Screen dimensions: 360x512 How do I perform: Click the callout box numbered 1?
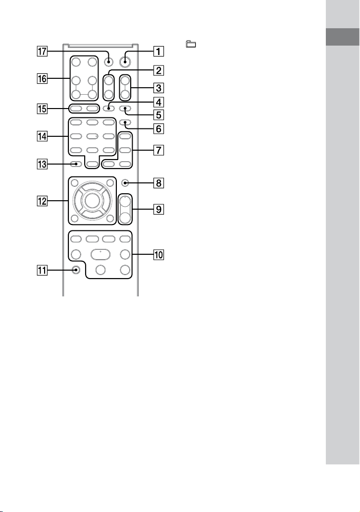point(158,51)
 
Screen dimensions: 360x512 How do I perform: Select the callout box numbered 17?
point(42,51)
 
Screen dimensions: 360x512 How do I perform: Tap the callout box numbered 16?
point(42,78)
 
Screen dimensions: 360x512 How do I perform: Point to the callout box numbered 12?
point(42,201)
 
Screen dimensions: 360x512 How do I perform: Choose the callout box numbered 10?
point(158,254)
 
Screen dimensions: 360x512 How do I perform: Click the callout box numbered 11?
point(42,270)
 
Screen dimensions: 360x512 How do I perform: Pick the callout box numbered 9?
point(158,209)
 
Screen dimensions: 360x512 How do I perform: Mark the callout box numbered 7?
point(158,150)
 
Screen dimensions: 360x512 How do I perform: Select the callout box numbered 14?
point(42,136)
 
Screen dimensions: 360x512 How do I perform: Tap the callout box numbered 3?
point(158,88)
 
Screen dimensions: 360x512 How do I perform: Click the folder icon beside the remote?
point(191,44)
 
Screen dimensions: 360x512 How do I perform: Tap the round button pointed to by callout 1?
point(124,61)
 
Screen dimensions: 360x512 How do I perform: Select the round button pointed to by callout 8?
point(125,183)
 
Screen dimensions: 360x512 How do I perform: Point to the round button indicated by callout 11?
point(76,270)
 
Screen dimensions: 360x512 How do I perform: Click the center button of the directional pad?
point(92,201)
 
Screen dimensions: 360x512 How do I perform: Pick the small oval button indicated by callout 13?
point(76,164)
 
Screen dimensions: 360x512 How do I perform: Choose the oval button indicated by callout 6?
point(125,122)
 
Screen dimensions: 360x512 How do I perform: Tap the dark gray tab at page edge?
point(342,37)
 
